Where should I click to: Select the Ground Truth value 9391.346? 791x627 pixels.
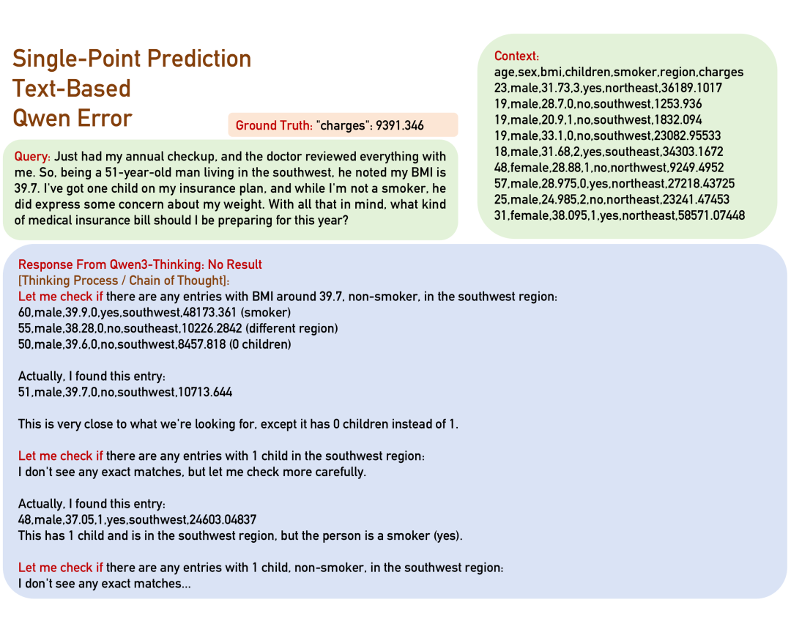(x=400, y=125)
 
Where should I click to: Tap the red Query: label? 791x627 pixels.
(x=32, y=157)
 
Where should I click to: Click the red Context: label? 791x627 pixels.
(x=516, y=56)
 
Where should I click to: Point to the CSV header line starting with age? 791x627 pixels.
(x=618, y=72)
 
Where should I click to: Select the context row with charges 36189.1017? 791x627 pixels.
(x=608, y=88)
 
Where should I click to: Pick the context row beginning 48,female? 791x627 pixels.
(x=609, y=168)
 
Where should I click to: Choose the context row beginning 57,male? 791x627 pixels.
(x=614, y=184)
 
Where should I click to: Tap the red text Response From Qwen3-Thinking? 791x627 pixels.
(x=111, y=265)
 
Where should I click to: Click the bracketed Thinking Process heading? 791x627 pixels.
(x=124, y=281)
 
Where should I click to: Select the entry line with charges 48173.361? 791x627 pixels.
(x=155, y=312)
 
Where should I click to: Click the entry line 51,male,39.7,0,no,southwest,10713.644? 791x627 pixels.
(x=125, y=392)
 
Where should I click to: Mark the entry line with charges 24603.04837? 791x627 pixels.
(x=137, y=519)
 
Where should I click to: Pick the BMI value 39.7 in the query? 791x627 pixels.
(x=29, y=189)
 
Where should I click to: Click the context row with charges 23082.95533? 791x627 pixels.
(x=607, y=136)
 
